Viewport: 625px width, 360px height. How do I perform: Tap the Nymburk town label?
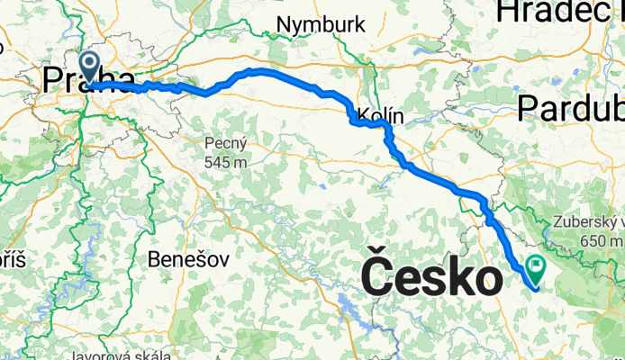click(322, 24)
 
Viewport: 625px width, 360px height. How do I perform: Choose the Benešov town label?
click(187, 259)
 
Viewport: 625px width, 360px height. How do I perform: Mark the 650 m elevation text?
click(603, 241)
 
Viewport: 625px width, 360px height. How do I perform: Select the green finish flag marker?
click(537, 268)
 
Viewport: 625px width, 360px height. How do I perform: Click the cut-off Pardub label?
click(572, 109)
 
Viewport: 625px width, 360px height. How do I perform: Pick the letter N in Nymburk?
click(285, 24)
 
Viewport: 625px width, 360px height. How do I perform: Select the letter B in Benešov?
click(154, 259)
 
